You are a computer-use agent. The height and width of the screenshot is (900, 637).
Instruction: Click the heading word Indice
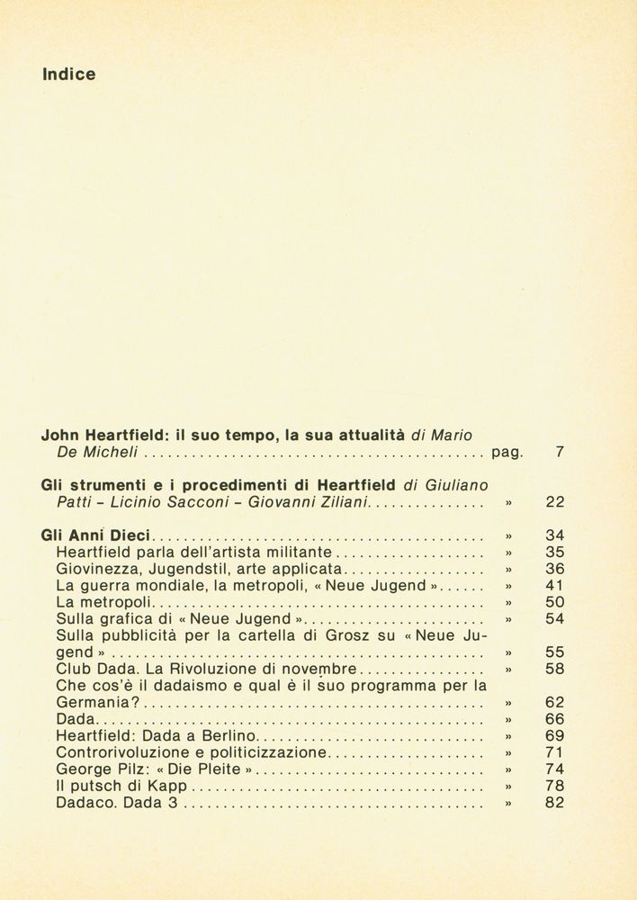click(68, 75)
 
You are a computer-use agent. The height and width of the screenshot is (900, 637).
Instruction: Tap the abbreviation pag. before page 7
click(507, 453)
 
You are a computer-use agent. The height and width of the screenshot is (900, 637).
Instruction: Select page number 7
click(559, 452)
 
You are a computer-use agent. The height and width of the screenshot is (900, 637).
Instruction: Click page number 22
click(554, 502)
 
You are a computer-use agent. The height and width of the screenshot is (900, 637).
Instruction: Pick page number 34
click(554, 535)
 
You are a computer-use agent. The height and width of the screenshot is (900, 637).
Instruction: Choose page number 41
click(554, 585)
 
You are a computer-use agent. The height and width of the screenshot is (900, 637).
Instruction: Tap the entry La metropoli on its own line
click(104, 602)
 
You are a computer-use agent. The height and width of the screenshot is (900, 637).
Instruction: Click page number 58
click(554, 669)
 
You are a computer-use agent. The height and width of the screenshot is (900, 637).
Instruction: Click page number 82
click(554, 803)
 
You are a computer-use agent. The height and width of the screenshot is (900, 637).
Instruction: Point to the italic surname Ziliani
click(338, 502)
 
